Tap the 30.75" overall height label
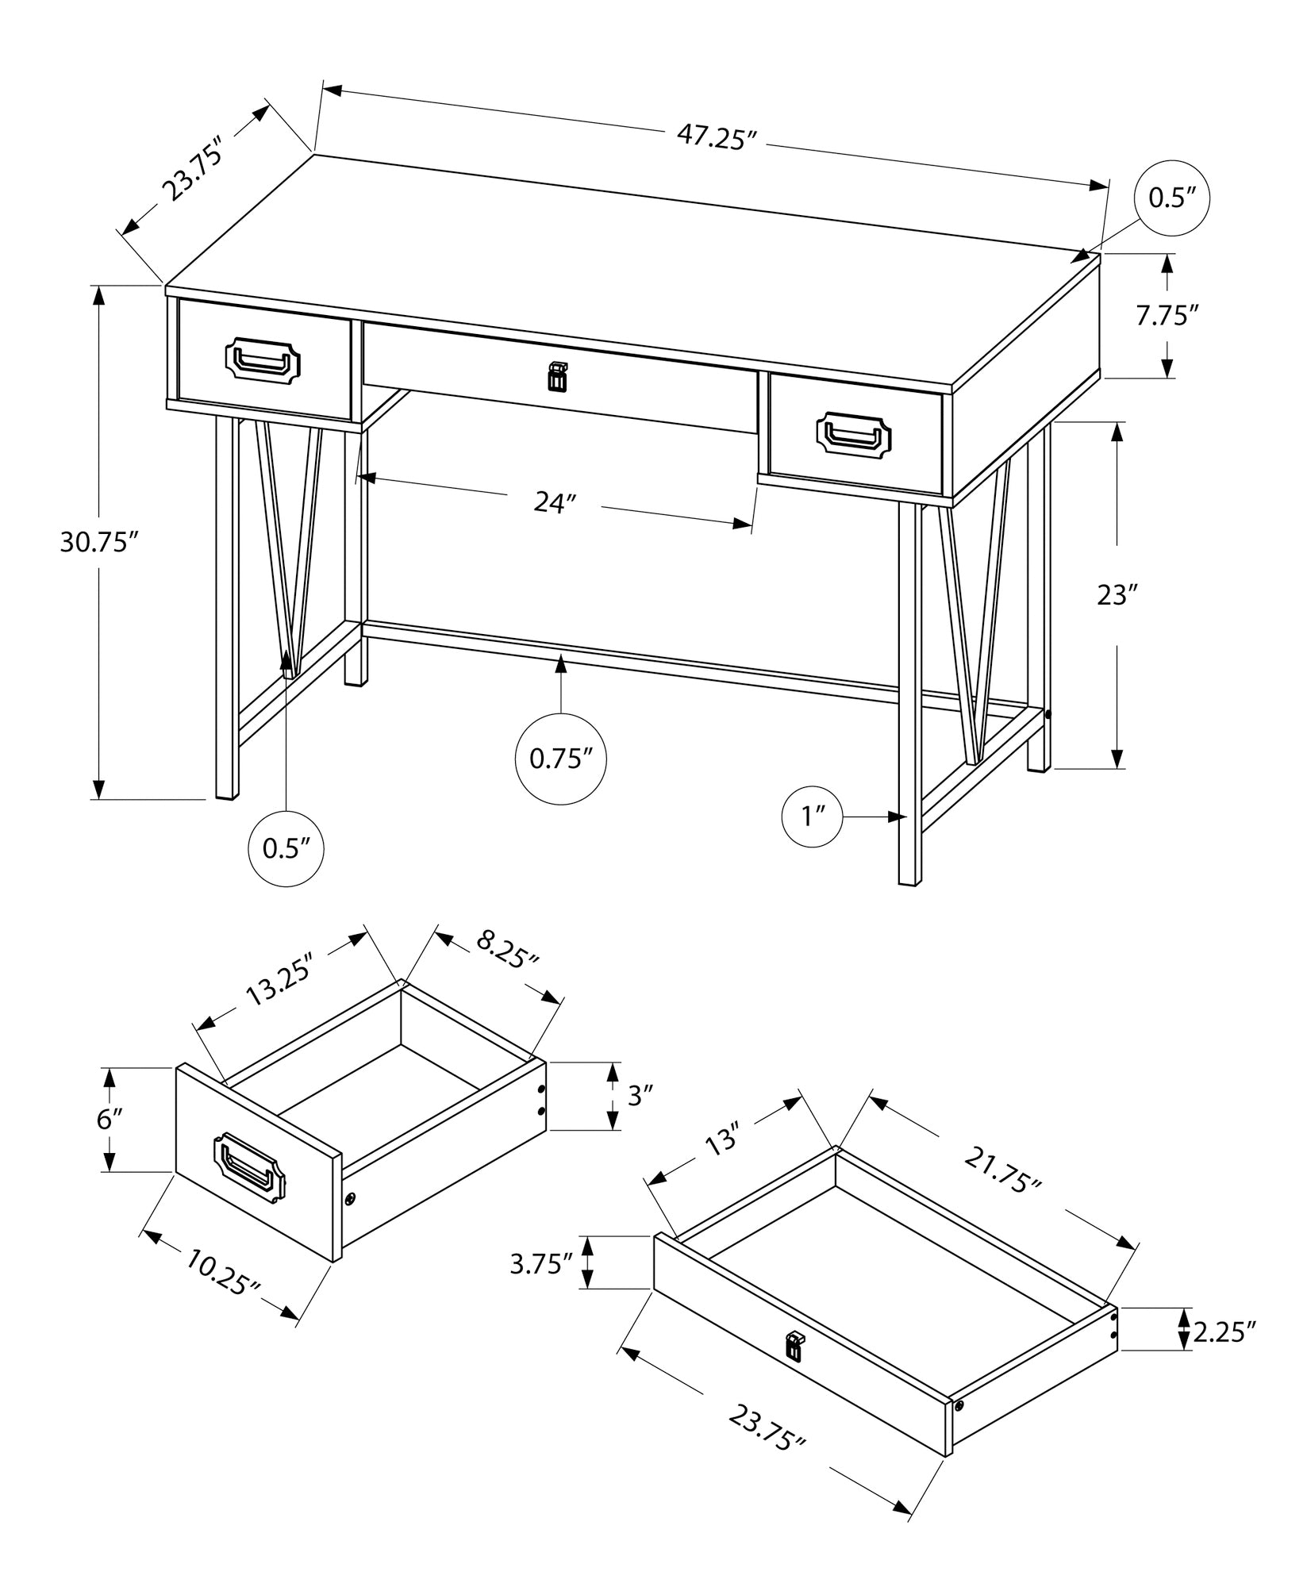[x=100, y=543]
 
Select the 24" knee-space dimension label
[x=554, y=502]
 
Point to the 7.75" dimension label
[x=1166, y=316]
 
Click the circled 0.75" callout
[x=561, y=759]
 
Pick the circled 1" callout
[x=812, y=816]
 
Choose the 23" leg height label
[x=1117, y=595]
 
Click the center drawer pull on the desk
[x=559, y=378]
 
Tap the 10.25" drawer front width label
[x=224, y=1271]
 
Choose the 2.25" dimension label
[x=1224, y=1331]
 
